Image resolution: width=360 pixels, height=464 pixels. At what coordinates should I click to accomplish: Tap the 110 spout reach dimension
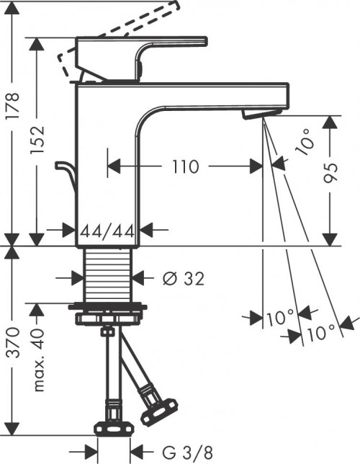point(185,167)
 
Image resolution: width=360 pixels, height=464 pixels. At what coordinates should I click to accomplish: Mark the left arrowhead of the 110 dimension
point(112,167)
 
